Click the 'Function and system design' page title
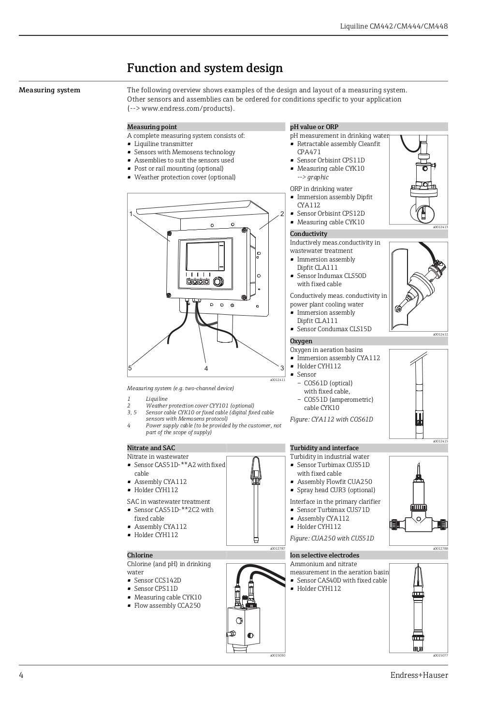pyautogui.click(x=204, y=69)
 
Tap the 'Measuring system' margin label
pyautogui.click(x=49, y=90)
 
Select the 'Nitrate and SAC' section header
pyautogui.click(x=151, y=448)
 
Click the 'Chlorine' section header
pyautogui.click(x=140, y=555)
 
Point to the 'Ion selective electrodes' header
pyautogui.click(x=324, y=555)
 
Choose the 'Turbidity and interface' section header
pyautogui.click(x=324, y=448)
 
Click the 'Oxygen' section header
pyautogui.click(x=301, y=341)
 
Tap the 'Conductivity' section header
pyautogui.click(x=308, y=234)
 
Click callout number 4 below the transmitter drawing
pyautogui.click(x=206, y=368)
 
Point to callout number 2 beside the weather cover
pyautogui.click(x=282, y=214)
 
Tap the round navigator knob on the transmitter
pyautogui.click(x=219, y=281)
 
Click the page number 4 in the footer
pyautogui.click(x=21, y=675)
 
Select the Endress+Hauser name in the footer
pyautogui.click(x=419, y=675)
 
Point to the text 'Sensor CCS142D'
pyautogui.click(x=157, y=580)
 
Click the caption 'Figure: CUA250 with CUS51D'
pyautogui.click(x=332, y=539)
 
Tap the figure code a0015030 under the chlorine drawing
pyautogui.click(x=277, y=656)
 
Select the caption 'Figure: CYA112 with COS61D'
pyautogui.click(x=331, y=420)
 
